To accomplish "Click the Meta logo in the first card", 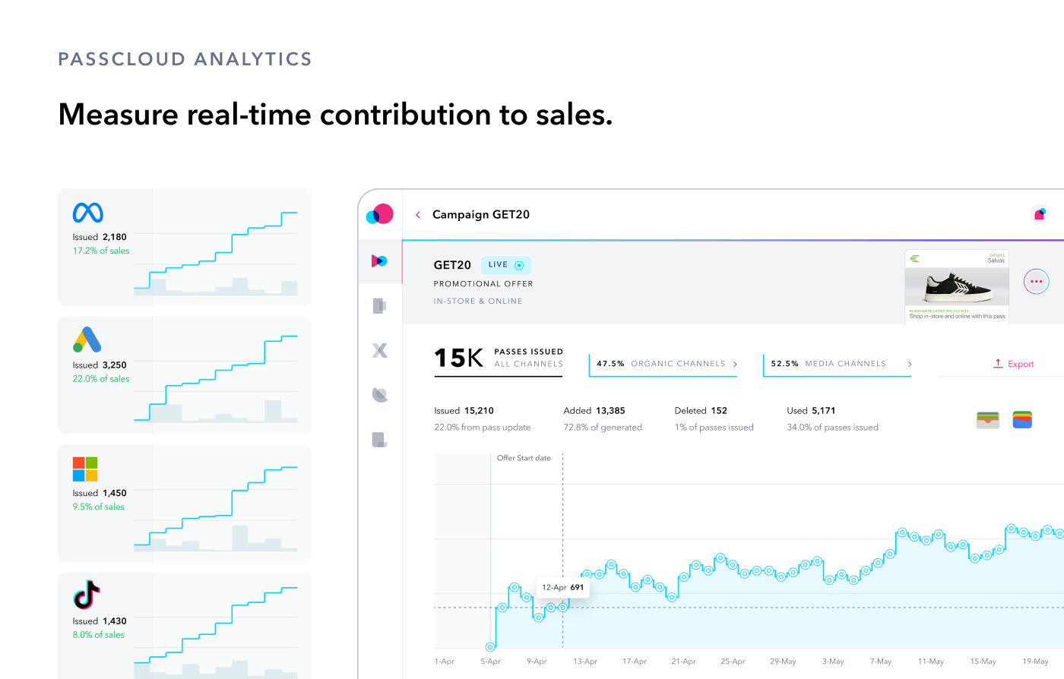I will (88, 213).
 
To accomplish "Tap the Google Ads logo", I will (87, 339).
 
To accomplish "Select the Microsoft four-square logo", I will (85, 469).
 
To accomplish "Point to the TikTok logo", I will (87, 595).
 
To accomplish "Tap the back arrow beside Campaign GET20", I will (418, 215).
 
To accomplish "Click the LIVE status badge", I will (505, 265).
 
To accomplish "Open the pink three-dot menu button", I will (1036, 282).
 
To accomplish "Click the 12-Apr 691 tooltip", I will (562, 587).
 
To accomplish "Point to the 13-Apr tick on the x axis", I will (585, 662).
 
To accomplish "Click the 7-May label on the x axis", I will (881, 662).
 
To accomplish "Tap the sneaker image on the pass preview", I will (958, 288).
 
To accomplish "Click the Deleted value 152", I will (719, 411).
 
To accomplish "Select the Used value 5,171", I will (824, 411).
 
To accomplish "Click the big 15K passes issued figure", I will (458, 358).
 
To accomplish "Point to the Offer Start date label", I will (524, 458).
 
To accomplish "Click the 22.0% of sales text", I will (101, 379).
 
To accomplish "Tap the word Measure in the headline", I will (117, 115).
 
